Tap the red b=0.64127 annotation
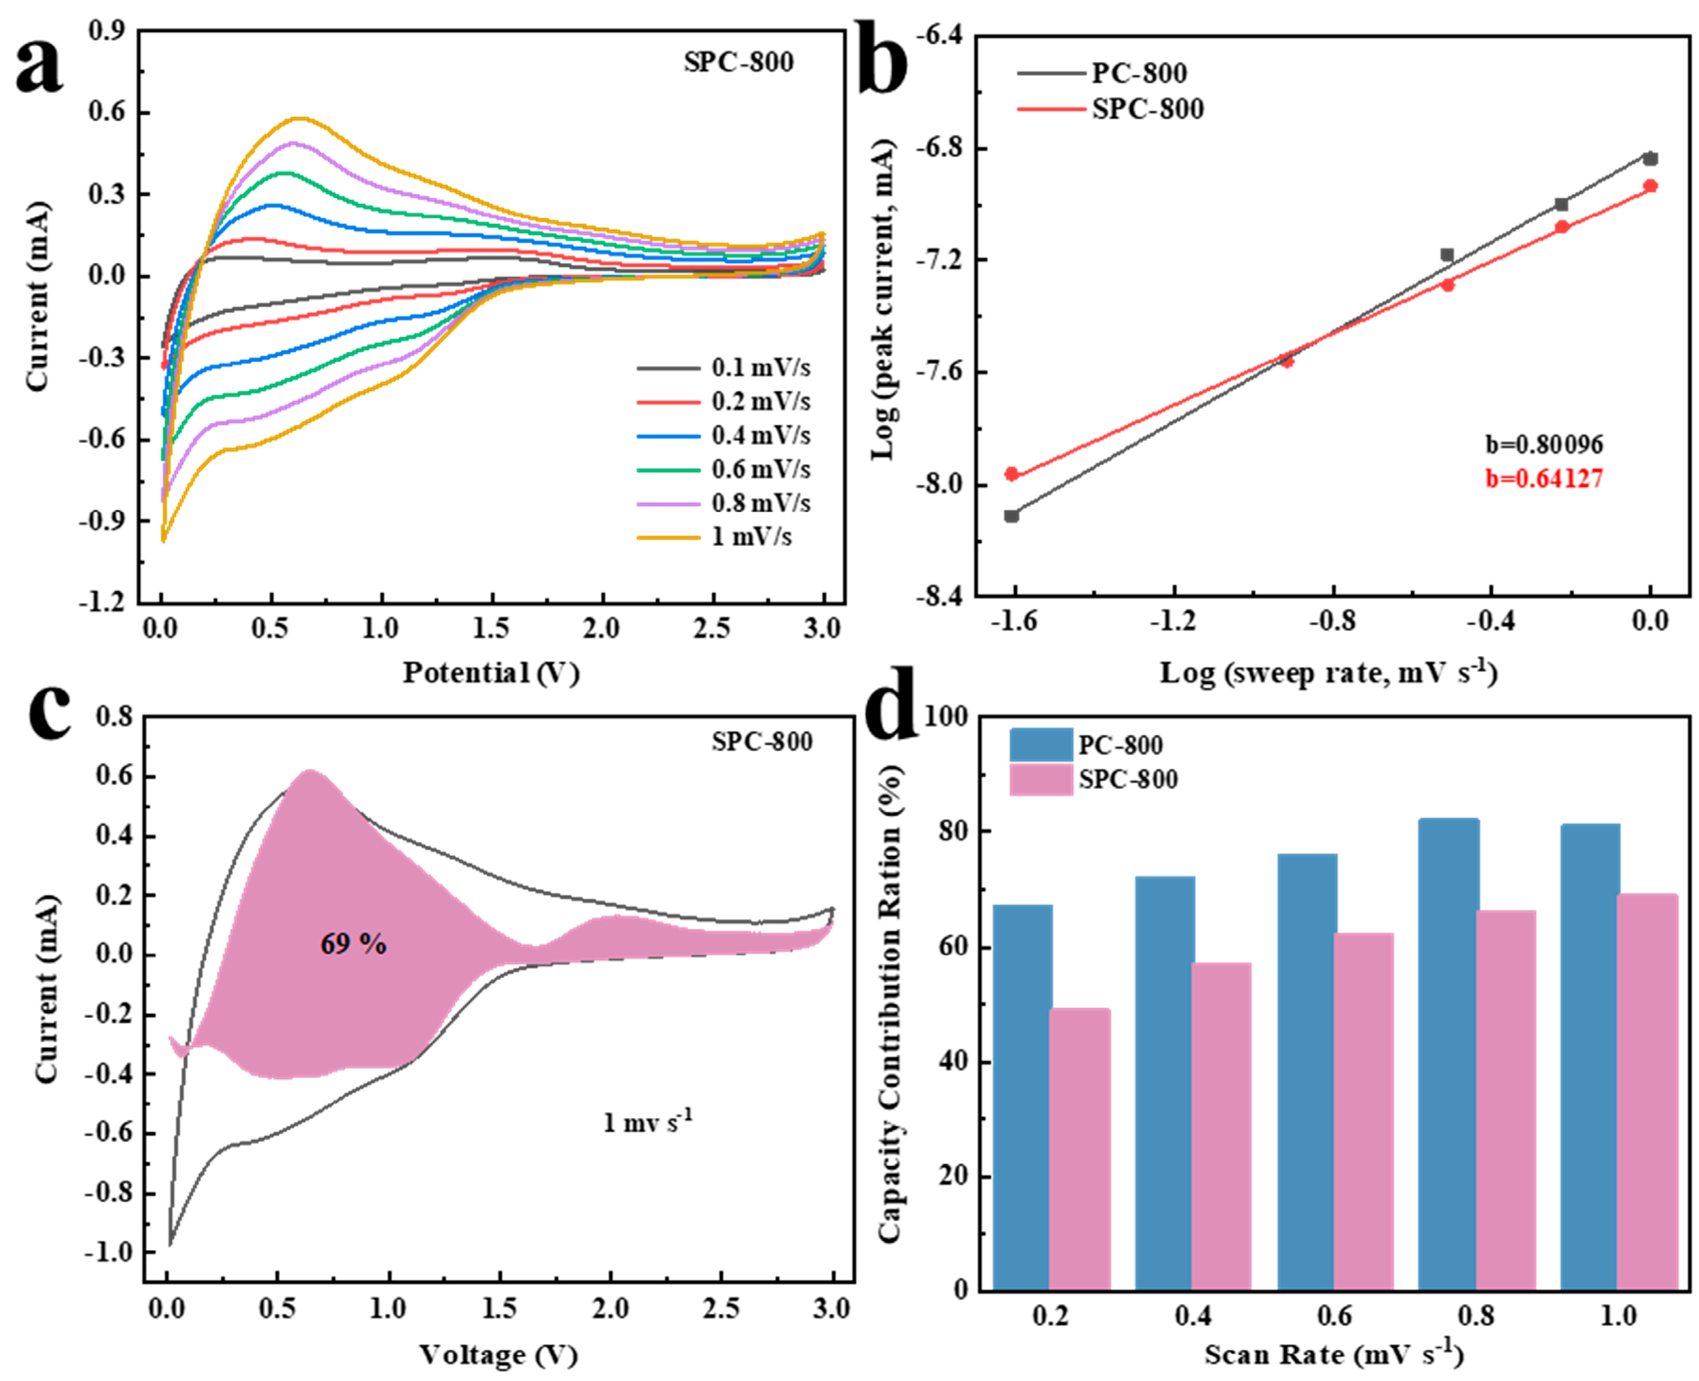point(1543,478)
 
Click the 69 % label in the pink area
point(353,944)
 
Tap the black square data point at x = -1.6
point(1011,516)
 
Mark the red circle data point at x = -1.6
point(1011,474)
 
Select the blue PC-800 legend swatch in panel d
point(1041,745)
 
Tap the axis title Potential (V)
point(490,673)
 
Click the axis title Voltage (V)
point(498,1355)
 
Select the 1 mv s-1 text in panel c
point(647,1123)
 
